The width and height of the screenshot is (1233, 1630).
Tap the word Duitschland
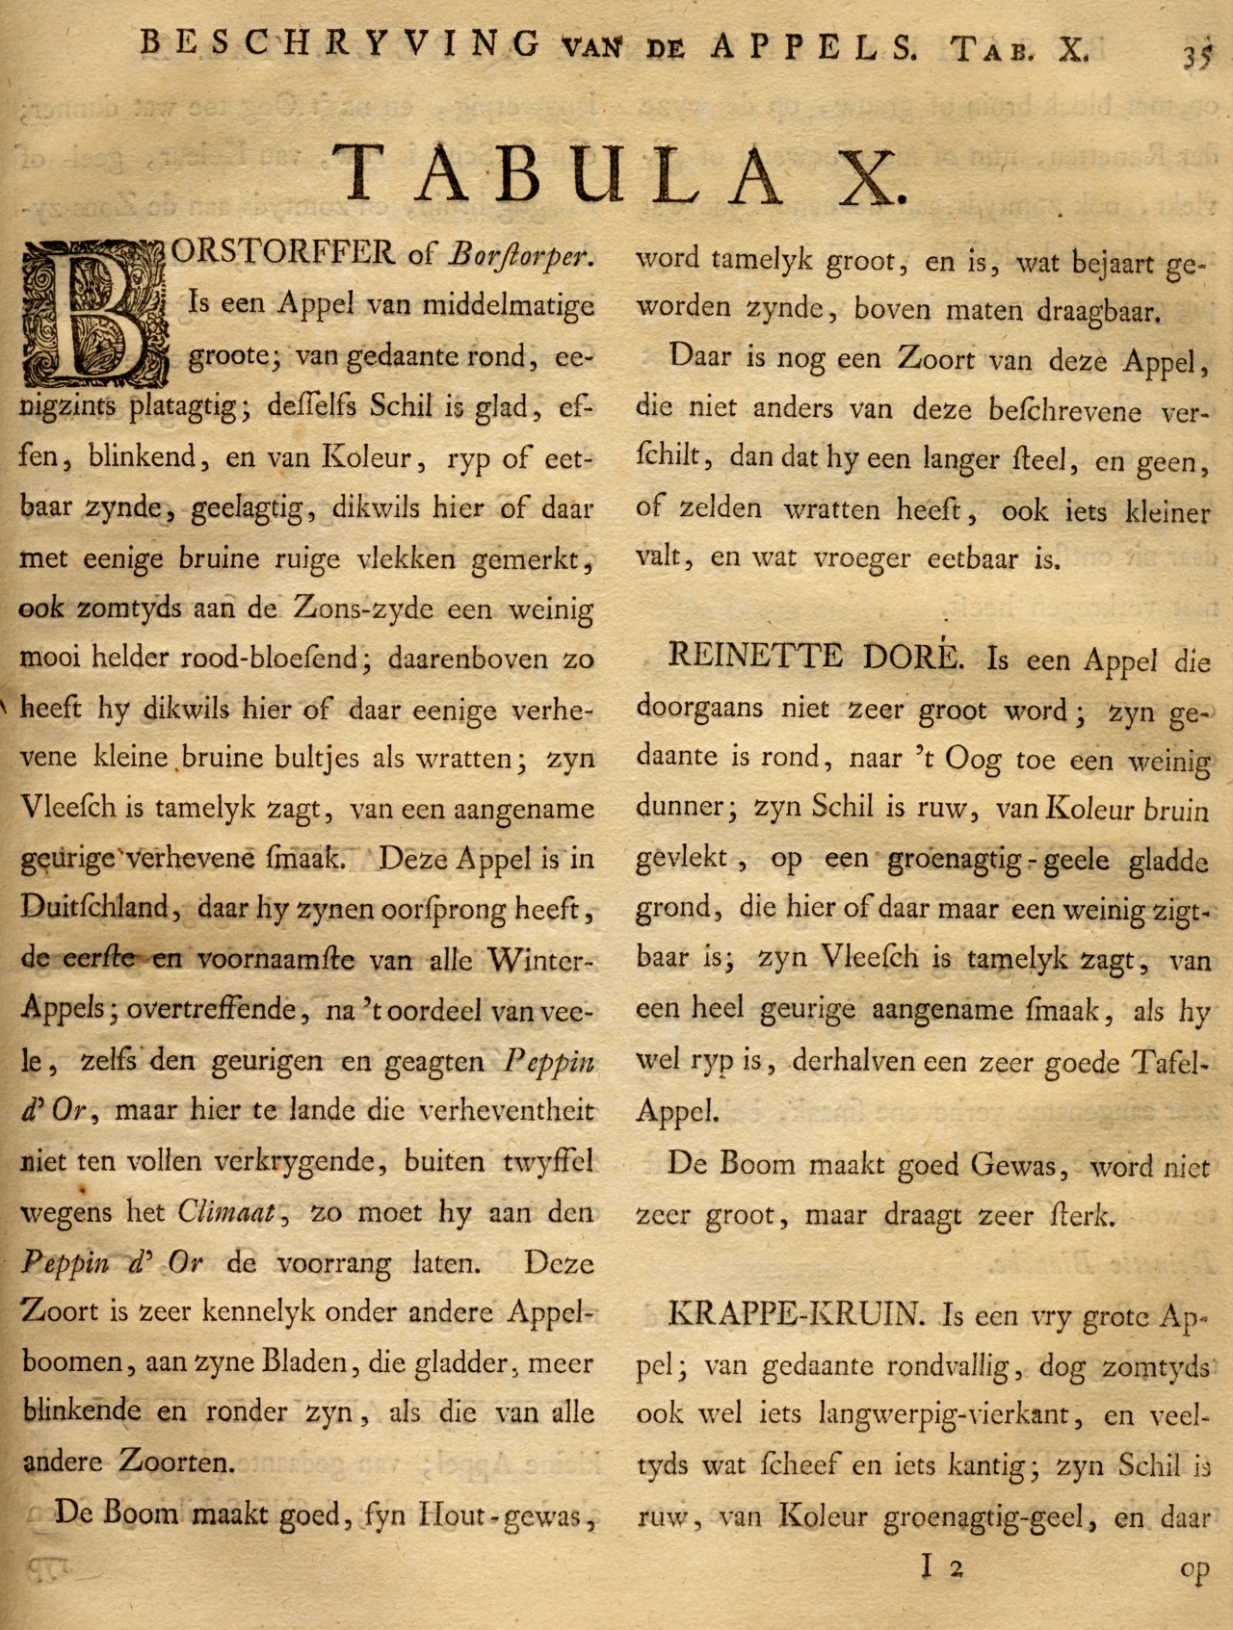[x=95, y=909]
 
